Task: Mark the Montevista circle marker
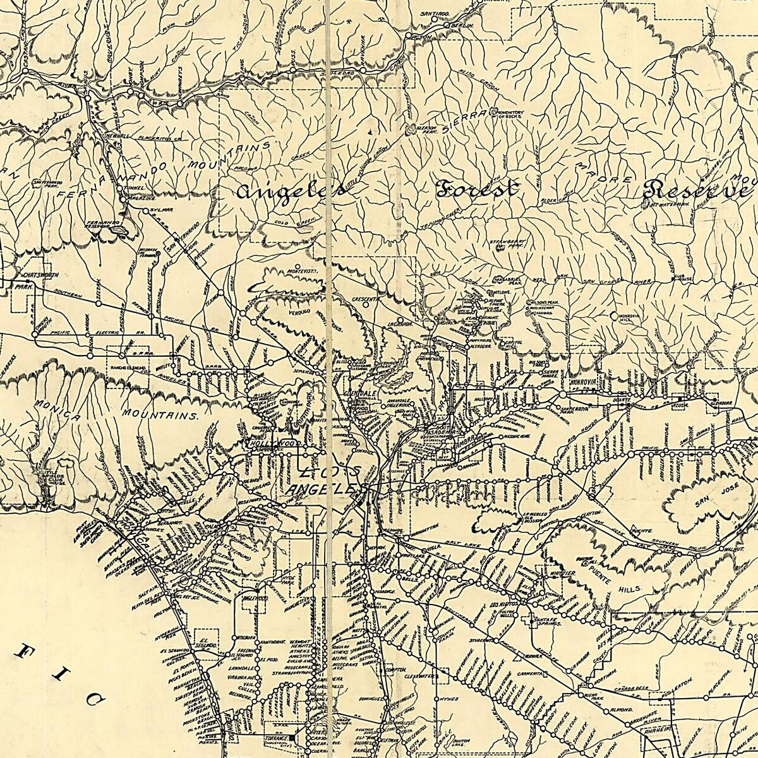click(x=297, y=265)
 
